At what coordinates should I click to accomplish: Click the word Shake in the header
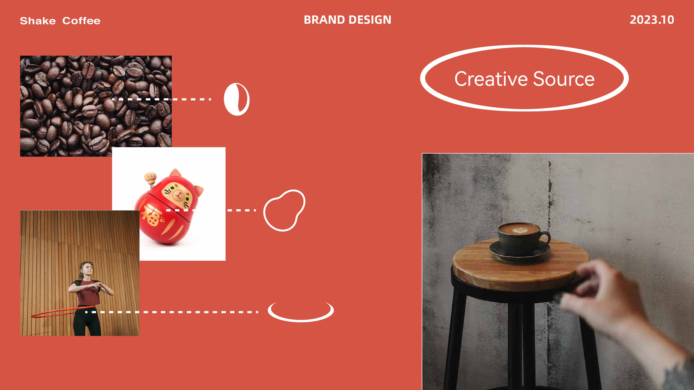pos(38,21)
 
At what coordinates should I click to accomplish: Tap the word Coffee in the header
pos(82,21)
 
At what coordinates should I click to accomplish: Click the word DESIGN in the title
pos(370,20)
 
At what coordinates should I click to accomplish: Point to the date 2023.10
pos(652,20)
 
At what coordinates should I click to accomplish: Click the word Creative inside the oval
pos(491,79)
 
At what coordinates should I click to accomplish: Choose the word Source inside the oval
pos(564,79)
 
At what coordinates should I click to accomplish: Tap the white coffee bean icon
pos(237,99)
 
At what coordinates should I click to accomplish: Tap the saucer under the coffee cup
pos(520,252)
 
